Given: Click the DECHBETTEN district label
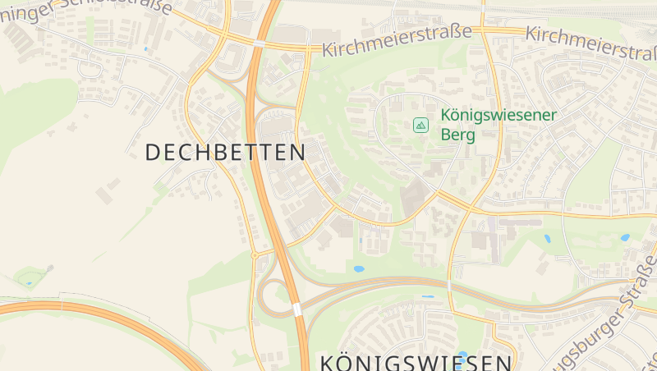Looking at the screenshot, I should pyautogui.click(x=225, y=152).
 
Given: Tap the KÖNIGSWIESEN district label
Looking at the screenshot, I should pyautogui.click(x=415, y=362).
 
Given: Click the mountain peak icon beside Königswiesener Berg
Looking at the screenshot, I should pyautogui.click(x=420, y=126).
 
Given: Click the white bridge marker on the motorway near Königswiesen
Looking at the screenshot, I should pyautogui.click(x=296, y=309).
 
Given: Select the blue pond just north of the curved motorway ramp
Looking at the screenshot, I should pyautogui.click(x=359, y=268).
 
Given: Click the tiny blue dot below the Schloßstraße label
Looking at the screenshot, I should pyautogui.click(x=146, y=49).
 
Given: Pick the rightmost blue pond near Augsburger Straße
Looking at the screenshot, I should pyautogui.click(x=625, y=237).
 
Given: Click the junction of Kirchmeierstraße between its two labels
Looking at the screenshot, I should pyautogui.click(x=483, y=31).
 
